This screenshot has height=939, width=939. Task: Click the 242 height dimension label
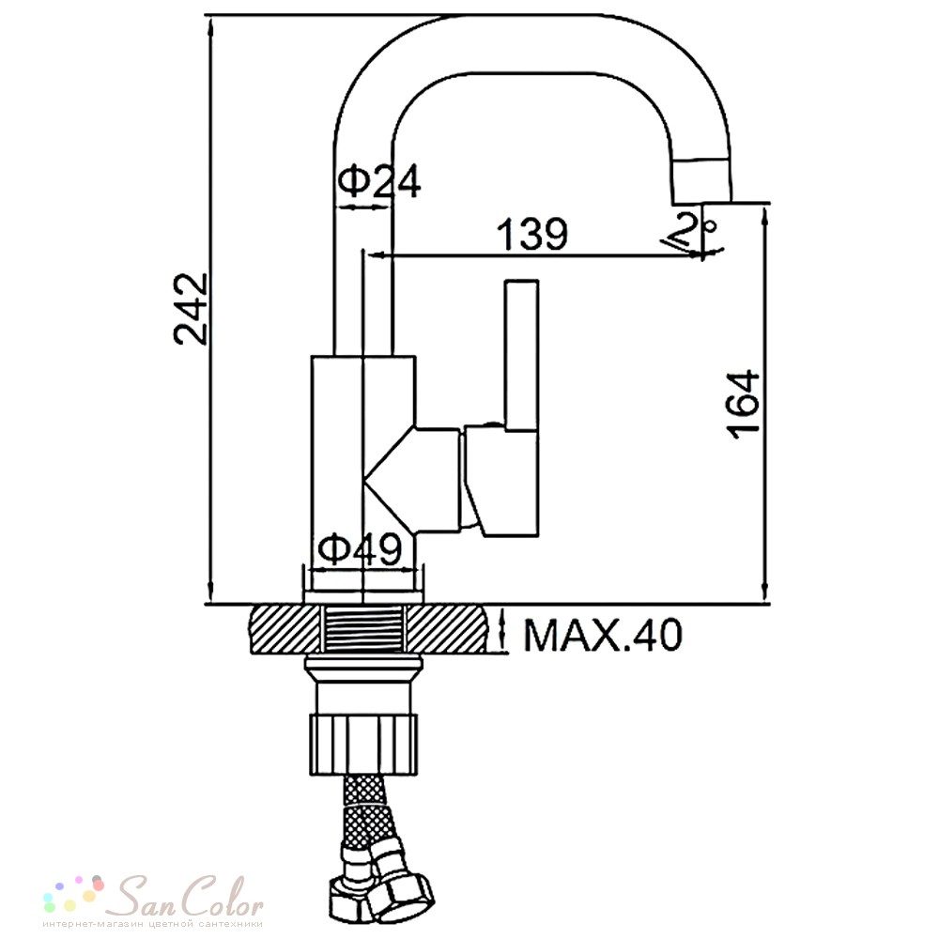(x=191, y=309)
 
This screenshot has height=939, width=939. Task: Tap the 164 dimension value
(x=743, y=404)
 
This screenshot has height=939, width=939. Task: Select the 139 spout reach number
(x=533, y=234)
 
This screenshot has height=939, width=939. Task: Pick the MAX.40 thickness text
(x=603, y=635)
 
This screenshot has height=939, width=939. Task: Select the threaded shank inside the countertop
(x=363, y=628)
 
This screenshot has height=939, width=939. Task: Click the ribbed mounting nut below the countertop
(x=363, y=745)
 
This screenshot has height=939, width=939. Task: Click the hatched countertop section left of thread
(x=286, y=628)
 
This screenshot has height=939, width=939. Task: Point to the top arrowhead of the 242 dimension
(x=210, y=24)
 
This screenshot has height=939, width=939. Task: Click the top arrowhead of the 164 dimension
(x=764, y=214)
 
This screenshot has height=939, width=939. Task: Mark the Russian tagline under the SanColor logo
(x=153, y=924)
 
